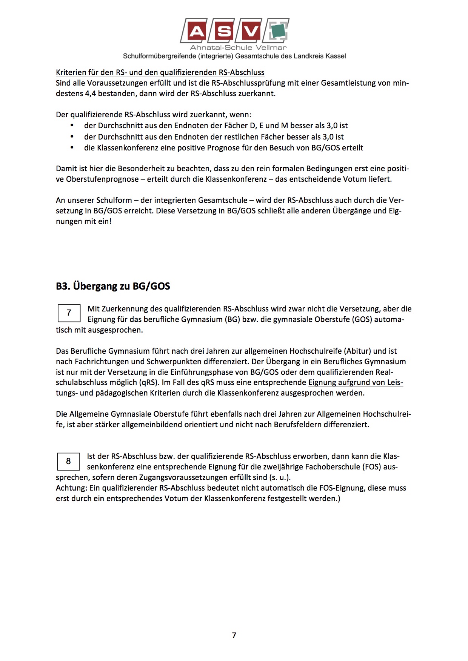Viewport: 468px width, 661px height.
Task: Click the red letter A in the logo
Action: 196,31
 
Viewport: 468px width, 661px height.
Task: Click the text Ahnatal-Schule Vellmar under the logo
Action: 238,48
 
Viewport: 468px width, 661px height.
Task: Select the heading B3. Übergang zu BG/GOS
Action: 113,286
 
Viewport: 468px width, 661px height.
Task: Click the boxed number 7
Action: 69,313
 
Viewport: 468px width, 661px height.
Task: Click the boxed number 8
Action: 68,461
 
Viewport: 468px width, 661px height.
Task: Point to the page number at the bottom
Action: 234,635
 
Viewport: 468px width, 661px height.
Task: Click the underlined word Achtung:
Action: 71,488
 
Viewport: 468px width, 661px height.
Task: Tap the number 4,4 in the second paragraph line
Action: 91,94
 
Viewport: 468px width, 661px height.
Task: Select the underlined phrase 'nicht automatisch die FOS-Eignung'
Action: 302,488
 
